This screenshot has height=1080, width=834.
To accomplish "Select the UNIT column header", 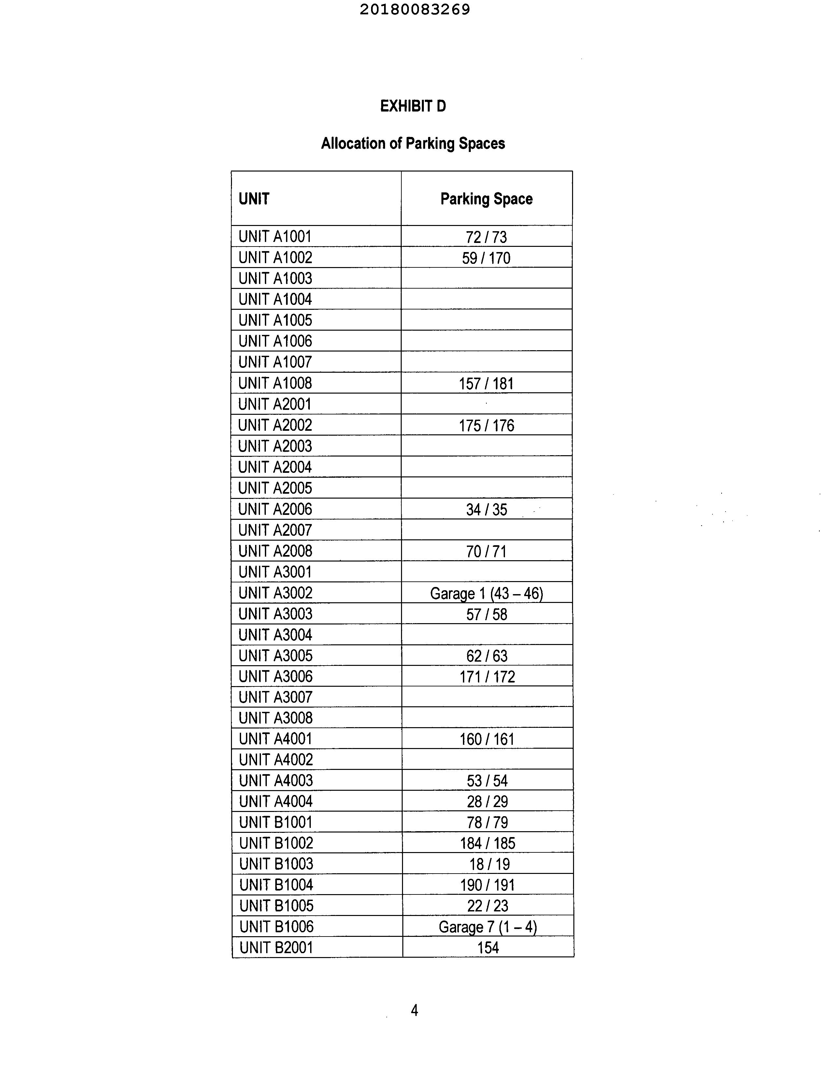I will pyautogui.click(x=254, y=199).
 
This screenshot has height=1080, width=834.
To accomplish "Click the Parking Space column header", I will pyautogui.click(x=486, y=199).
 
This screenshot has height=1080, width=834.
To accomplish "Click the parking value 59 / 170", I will pyautogui.click(x=486, y=258).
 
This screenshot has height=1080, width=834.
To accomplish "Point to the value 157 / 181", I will pyautogui.click(x=486, y=383).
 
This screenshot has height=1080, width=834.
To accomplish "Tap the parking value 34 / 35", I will pyautogui.click(x=486, y=509).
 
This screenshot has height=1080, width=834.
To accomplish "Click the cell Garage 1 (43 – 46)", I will pyautogui.click(x=486, y=593).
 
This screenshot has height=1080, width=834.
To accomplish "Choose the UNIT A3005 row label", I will pyautogui.click(x=275, y=656).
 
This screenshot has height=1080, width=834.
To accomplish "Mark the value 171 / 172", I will pyautogui.click(x=487, y=677).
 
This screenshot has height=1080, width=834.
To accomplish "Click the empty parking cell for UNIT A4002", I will pyautogui.click(x=487, y=759).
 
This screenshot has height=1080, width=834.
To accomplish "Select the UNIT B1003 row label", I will pyautogui.click(x=276, y=864).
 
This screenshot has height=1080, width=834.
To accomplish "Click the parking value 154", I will pyautogui.click(x=488, y=948).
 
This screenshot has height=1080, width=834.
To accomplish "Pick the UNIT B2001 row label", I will pyautogui.click(x=276, y=948).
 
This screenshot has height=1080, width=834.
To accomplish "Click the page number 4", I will pyautogui.click(x=414, y=1010).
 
